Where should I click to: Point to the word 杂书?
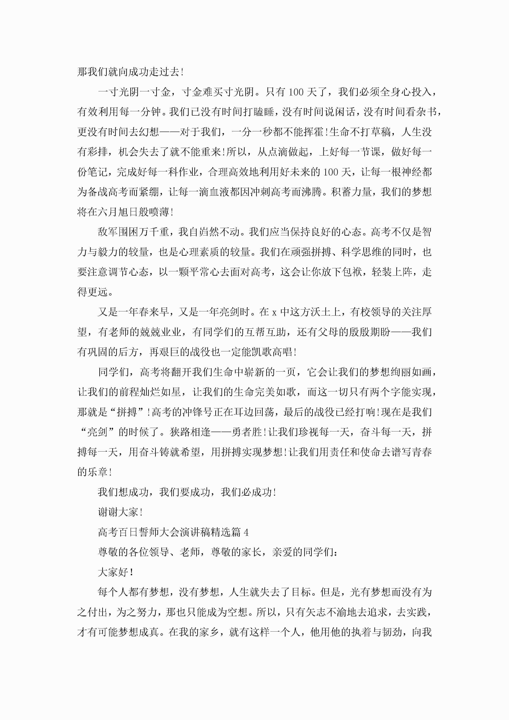tap(426, 112)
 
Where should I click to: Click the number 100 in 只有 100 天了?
tap(296, 92)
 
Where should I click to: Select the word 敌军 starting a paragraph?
tap(108, 232)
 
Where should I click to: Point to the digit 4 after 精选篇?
tap(246, 532)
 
